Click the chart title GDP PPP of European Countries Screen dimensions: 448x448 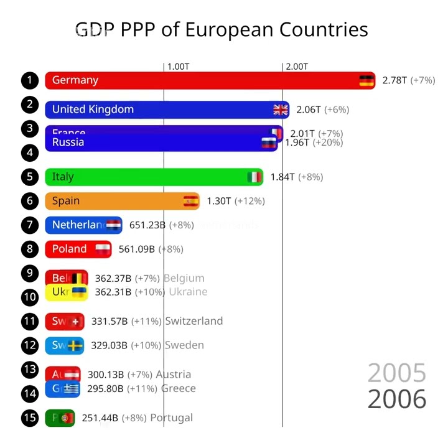(x=222, y=29)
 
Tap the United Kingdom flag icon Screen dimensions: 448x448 (x=281, y=110)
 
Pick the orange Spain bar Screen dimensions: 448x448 (x=121, y=201)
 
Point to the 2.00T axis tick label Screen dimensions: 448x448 (x=296, y=67)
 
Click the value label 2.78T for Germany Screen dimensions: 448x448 (x=394, y=80)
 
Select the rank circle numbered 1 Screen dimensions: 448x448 (x=29, y=80)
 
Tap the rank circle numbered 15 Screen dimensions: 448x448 (x=29, y=418)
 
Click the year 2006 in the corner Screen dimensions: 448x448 (x=397, y=399)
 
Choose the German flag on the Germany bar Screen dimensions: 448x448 (x=366, y=80)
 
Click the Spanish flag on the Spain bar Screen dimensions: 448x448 (x=190, y=201)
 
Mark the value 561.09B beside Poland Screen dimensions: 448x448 (x=137, y=249)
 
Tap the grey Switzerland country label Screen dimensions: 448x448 (x=194, y=321)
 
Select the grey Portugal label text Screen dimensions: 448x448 (x=171, y=418)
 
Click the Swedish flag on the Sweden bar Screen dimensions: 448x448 (x=75, y=345)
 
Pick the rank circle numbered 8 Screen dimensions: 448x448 (x=29, y=249)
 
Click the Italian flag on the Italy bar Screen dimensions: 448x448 (x=254, y=177)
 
